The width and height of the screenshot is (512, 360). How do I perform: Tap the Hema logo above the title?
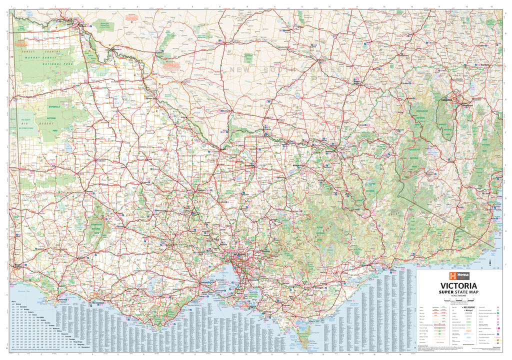click(x=458, y=276)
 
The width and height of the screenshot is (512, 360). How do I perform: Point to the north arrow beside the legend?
click(x=491, y=260)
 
